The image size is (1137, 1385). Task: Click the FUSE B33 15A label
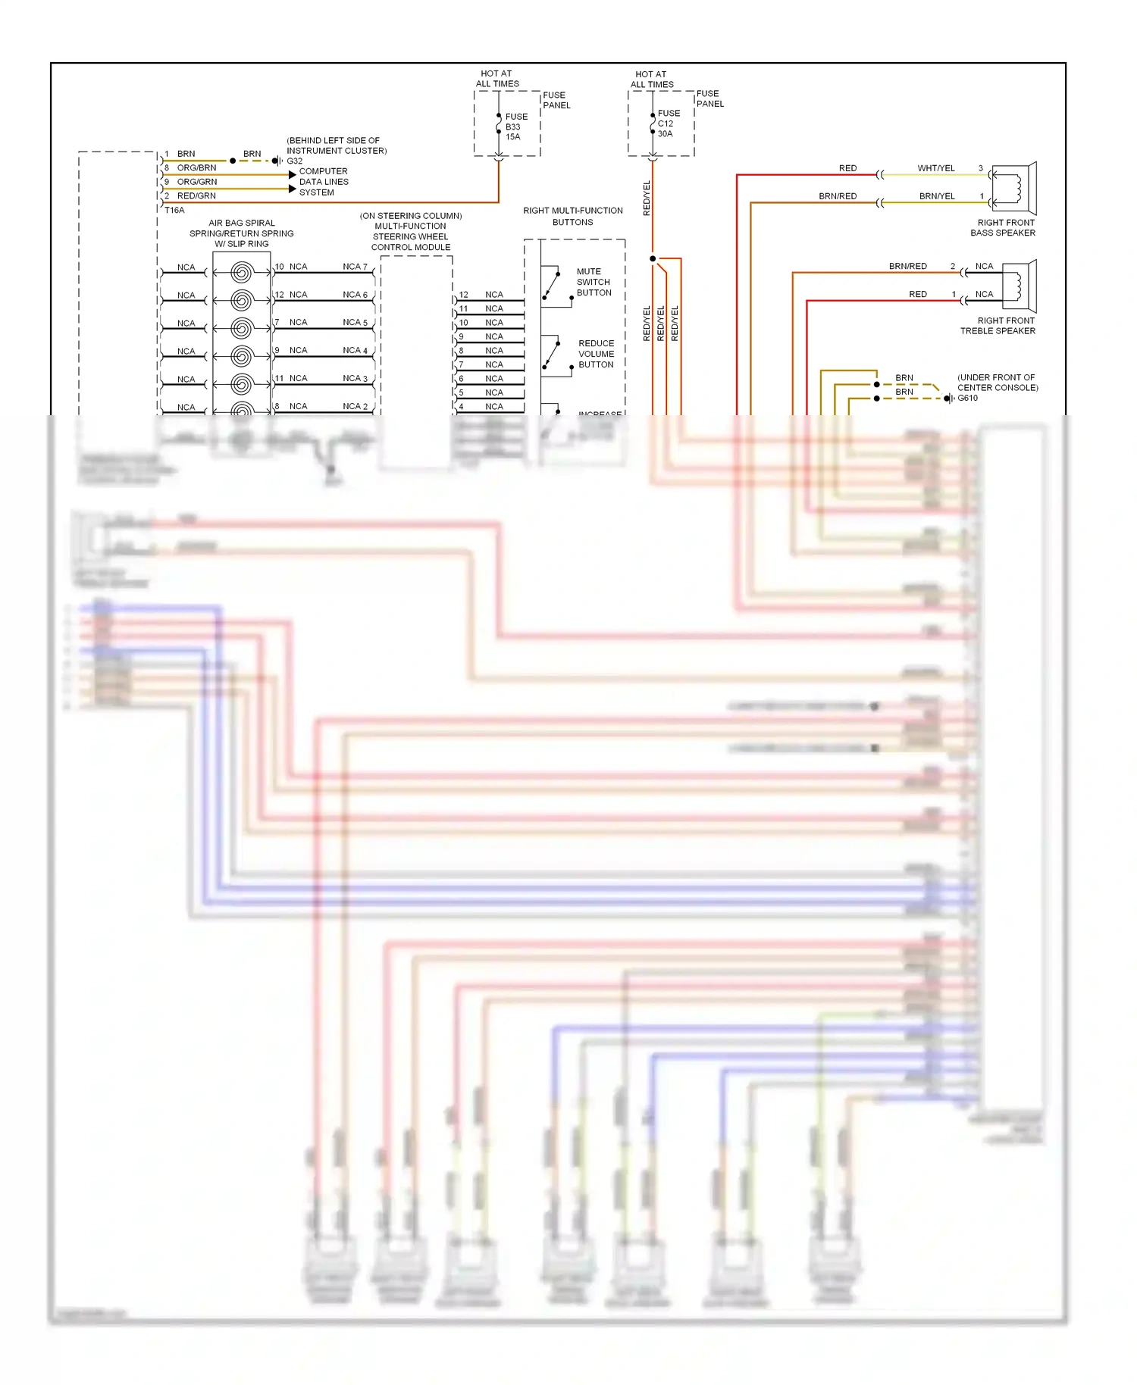point(515,127)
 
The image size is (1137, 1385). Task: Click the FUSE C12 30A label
point(668,123)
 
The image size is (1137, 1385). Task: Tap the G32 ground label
point(294,161)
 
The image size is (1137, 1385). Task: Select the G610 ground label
point(967,399)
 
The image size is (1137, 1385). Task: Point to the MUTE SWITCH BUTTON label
point(593,282)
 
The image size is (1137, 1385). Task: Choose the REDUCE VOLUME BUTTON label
point(596,354)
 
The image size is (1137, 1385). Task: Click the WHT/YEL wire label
point(936,168)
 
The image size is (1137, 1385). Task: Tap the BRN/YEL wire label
point(937,196)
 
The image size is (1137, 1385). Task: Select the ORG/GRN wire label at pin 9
point(197,182)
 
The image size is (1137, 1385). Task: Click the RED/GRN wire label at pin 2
point(196,196)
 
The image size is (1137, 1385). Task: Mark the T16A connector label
point(174,211)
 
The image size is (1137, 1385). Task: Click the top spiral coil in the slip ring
point(241,271)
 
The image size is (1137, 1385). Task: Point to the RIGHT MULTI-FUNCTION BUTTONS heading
point(573,216)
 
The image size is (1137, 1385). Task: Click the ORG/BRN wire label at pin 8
point(196,168)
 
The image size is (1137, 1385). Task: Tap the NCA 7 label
point(355,267)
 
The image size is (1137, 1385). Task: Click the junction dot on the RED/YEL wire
point(653,259)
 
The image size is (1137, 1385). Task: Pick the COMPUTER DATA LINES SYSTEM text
point(324,182)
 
